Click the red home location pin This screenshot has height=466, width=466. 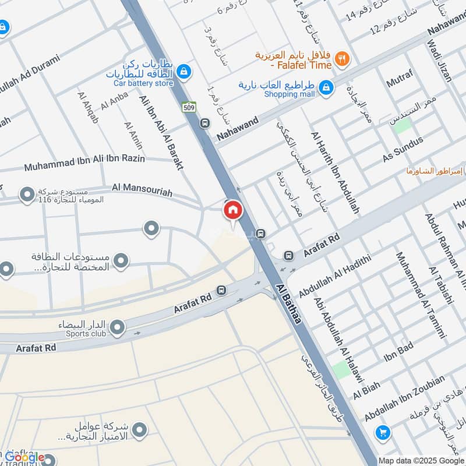[232, 210]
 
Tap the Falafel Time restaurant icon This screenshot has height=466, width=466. [343, 58]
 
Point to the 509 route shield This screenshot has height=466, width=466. [189, 107]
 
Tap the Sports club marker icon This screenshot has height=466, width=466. [117, 328]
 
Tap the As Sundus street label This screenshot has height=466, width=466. [402, 150]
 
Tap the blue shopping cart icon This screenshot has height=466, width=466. [382, 432]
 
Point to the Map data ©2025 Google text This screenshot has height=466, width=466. [421, 460]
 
